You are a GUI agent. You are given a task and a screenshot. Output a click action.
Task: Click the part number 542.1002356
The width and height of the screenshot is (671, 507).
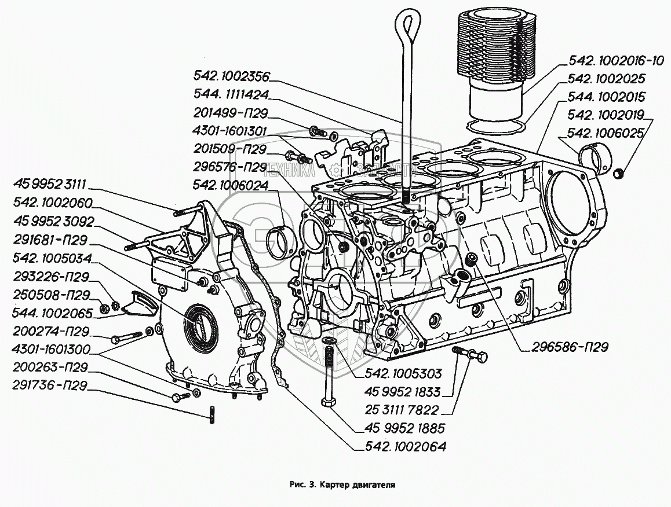click(232, 76)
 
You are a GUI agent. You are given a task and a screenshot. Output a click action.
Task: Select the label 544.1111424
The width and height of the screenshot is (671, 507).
click(231, 94)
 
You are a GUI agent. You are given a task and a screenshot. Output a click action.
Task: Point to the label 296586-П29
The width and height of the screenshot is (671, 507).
click(570, 347)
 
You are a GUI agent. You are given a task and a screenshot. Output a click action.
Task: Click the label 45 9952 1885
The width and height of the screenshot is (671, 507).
click(405, 428)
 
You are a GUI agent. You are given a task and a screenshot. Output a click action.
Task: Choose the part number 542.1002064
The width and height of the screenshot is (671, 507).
click(405, 446)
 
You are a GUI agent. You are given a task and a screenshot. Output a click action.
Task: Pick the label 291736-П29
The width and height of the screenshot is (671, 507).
click(50, 385)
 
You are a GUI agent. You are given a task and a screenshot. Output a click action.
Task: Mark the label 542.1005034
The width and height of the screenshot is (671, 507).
click(52, 258)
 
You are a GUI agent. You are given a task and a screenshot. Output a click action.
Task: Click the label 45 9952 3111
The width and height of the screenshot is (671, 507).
click(50, 185)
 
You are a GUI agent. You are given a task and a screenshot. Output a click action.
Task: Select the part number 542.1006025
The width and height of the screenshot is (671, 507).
click(605, 133)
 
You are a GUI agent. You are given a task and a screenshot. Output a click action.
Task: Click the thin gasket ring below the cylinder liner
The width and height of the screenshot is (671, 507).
click(496, 127)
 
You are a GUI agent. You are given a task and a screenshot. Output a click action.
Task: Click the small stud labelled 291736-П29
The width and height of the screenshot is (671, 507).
click(212, 415)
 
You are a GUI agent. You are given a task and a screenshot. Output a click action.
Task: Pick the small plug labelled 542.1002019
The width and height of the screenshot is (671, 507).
click(618, 174)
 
